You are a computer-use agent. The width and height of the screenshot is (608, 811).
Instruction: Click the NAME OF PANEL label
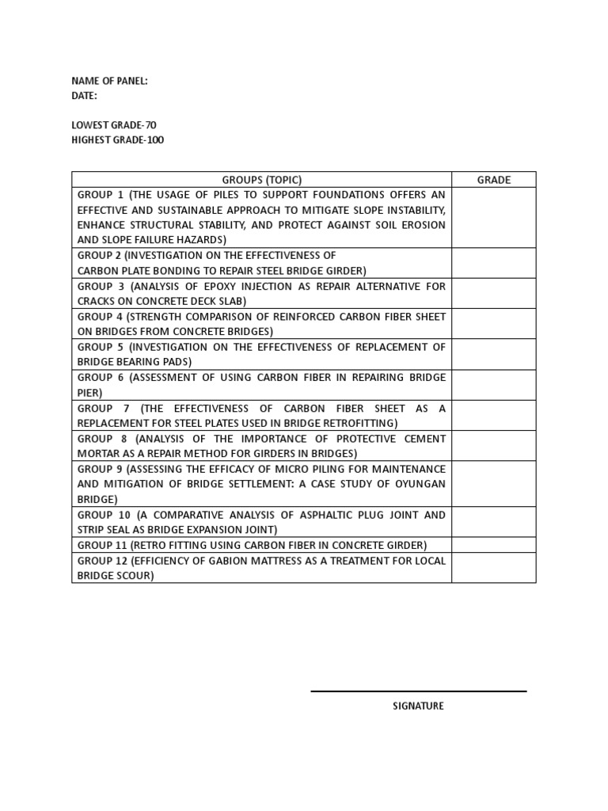pyautogui.click(x=109, y=81)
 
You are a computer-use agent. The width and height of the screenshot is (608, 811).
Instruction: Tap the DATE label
pyautogui.click(x=84, y=96)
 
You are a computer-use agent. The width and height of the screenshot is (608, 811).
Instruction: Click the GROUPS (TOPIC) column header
pyautogui.click(x=261, y=180)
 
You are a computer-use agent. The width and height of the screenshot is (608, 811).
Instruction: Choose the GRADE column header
pyautogui.click(x=493, y=180)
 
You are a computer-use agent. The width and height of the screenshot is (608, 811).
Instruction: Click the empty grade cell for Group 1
pyautogui.click(x=493, y=218)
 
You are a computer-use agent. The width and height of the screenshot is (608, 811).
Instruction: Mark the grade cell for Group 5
pyautogui.click(x=493, y=355)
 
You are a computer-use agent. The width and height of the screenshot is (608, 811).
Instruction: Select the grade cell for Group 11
pyautogui.click(x=493, y=545)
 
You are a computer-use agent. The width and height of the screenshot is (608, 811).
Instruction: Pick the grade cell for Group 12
pyautogui.click(x=493, y=568)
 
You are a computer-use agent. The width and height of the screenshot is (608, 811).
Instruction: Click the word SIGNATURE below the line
pyautogui.click(x=418, y=706)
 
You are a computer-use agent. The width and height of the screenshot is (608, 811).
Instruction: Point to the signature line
pyautogui.click(x=418, y=691)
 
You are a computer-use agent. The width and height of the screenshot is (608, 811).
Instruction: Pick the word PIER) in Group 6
pyautogui.click(x=89, y=393)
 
